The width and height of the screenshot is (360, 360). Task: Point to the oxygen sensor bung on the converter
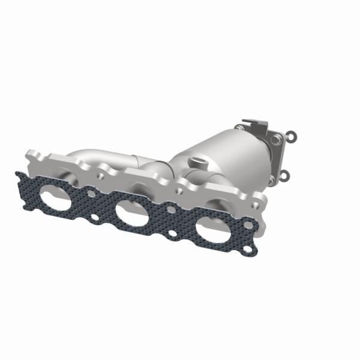click(x=199, y=162)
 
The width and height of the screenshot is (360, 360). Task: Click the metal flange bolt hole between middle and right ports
click(x=178, y=191)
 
